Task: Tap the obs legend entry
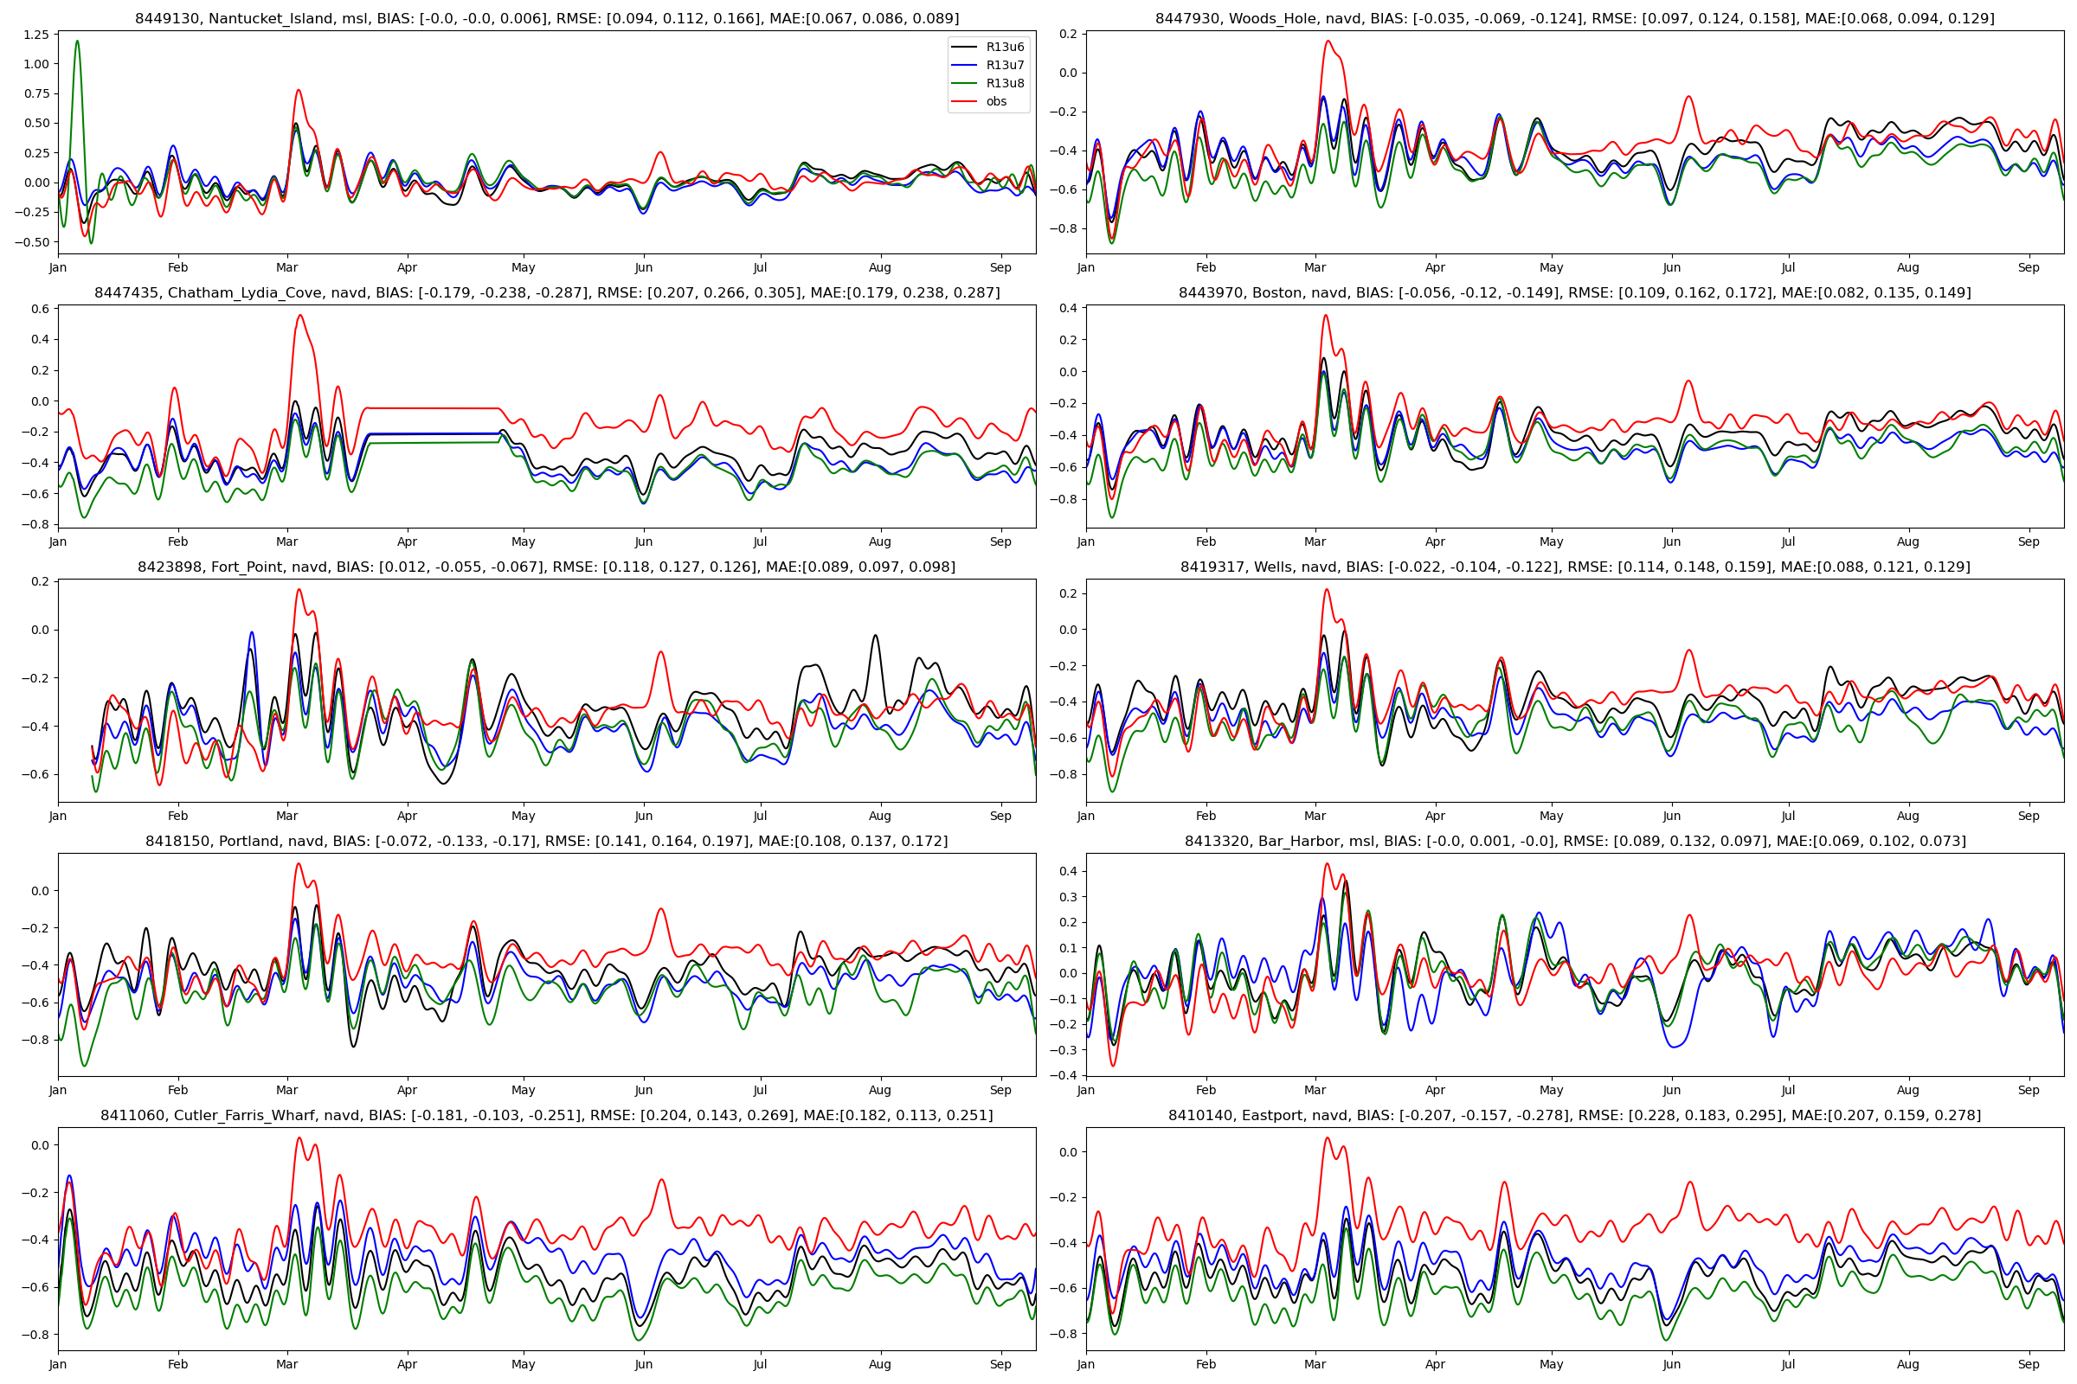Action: pyautogui.click(x=996, y=101)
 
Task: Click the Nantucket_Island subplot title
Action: pyautogui.click(x=547, y=18)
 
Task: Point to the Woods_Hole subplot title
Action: pyautogui.click(x=1574, y=18)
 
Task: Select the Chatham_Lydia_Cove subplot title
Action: pyautogui.click(x=547, y=292)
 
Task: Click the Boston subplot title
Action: pyautogui.click(x=1574, y=292)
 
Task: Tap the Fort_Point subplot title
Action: pyautogui.click(x=547, y=567)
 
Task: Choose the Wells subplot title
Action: pyautogui.click(x=1574, y=567)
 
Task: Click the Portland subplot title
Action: pyautogui.click(x=547, y=841)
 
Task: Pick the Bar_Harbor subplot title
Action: pyautogui.click(x=1574, y=841)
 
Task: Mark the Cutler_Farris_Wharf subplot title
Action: pyautogui.click(x=547, y=1115)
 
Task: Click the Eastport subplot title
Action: pyautogui.click(x=1574, y=1115)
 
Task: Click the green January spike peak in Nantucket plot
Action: pyautogui.click(x=78, y=41)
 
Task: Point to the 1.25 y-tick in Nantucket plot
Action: pyautogui.click(x=36, y=35)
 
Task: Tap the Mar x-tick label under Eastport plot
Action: pyautogui.click(x=1315, y=1364)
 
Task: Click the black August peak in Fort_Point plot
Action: pyautogui.click(x=875, y=635)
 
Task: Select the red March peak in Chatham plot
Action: pyautogui.click(x=300, y=315)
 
